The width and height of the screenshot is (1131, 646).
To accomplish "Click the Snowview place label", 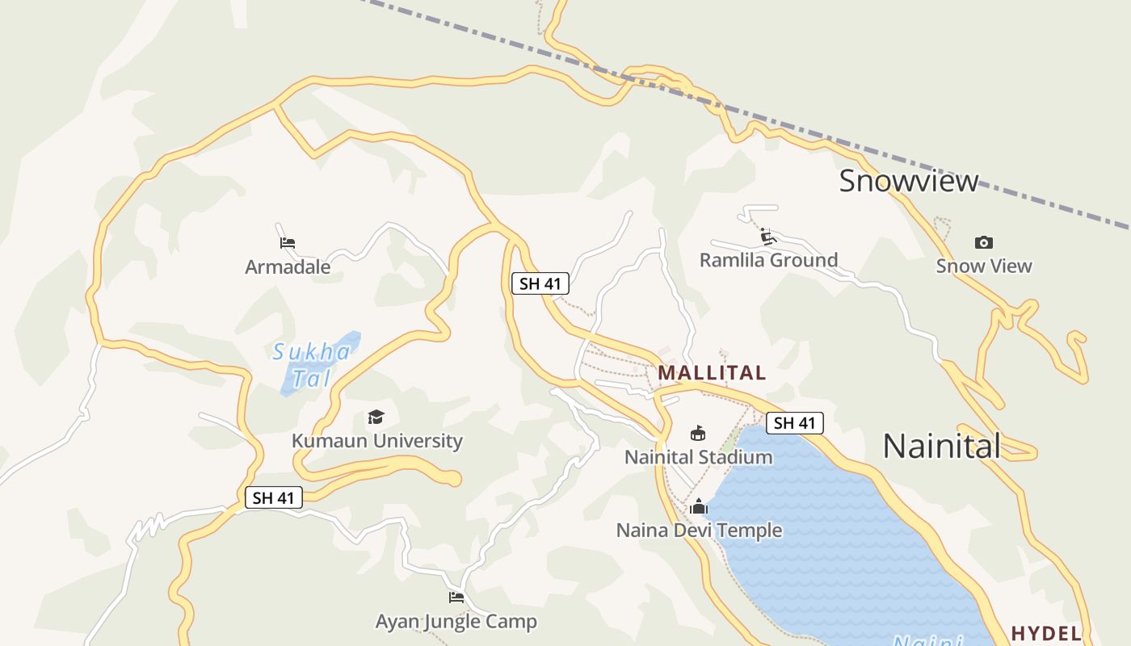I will [908, 180].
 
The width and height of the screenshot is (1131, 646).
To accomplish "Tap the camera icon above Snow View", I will [983, 242].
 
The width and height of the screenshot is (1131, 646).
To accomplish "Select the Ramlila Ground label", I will [768, 260].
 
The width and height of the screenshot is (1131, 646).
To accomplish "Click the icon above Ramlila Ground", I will [767, 237].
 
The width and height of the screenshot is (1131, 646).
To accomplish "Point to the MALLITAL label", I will [712, 373].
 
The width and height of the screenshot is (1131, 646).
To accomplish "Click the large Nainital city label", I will [941, 446].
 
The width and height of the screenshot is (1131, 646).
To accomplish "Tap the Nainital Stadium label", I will [698, 457].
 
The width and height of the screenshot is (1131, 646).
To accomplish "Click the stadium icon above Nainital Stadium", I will [698, 434].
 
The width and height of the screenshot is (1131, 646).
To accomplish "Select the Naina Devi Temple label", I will [699, 531].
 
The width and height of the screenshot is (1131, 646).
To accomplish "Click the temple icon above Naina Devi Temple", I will [699, 507].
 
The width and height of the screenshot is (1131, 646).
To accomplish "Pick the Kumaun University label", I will [376, 441].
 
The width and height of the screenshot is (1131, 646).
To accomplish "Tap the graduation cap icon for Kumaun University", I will [376, 417].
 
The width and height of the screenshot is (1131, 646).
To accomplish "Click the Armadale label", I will [288, 266].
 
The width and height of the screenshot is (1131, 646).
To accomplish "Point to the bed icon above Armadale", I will [288, 242].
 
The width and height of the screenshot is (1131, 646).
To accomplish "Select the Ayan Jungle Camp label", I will [456, 622].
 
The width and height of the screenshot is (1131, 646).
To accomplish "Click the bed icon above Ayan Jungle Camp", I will [456, 598].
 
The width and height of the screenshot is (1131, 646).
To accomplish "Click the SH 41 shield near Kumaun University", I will [274, 497].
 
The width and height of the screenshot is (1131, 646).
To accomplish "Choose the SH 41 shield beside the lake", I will [795, 423].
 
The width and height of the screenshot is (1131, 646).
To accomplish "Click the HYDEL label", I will [1046, 633].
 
